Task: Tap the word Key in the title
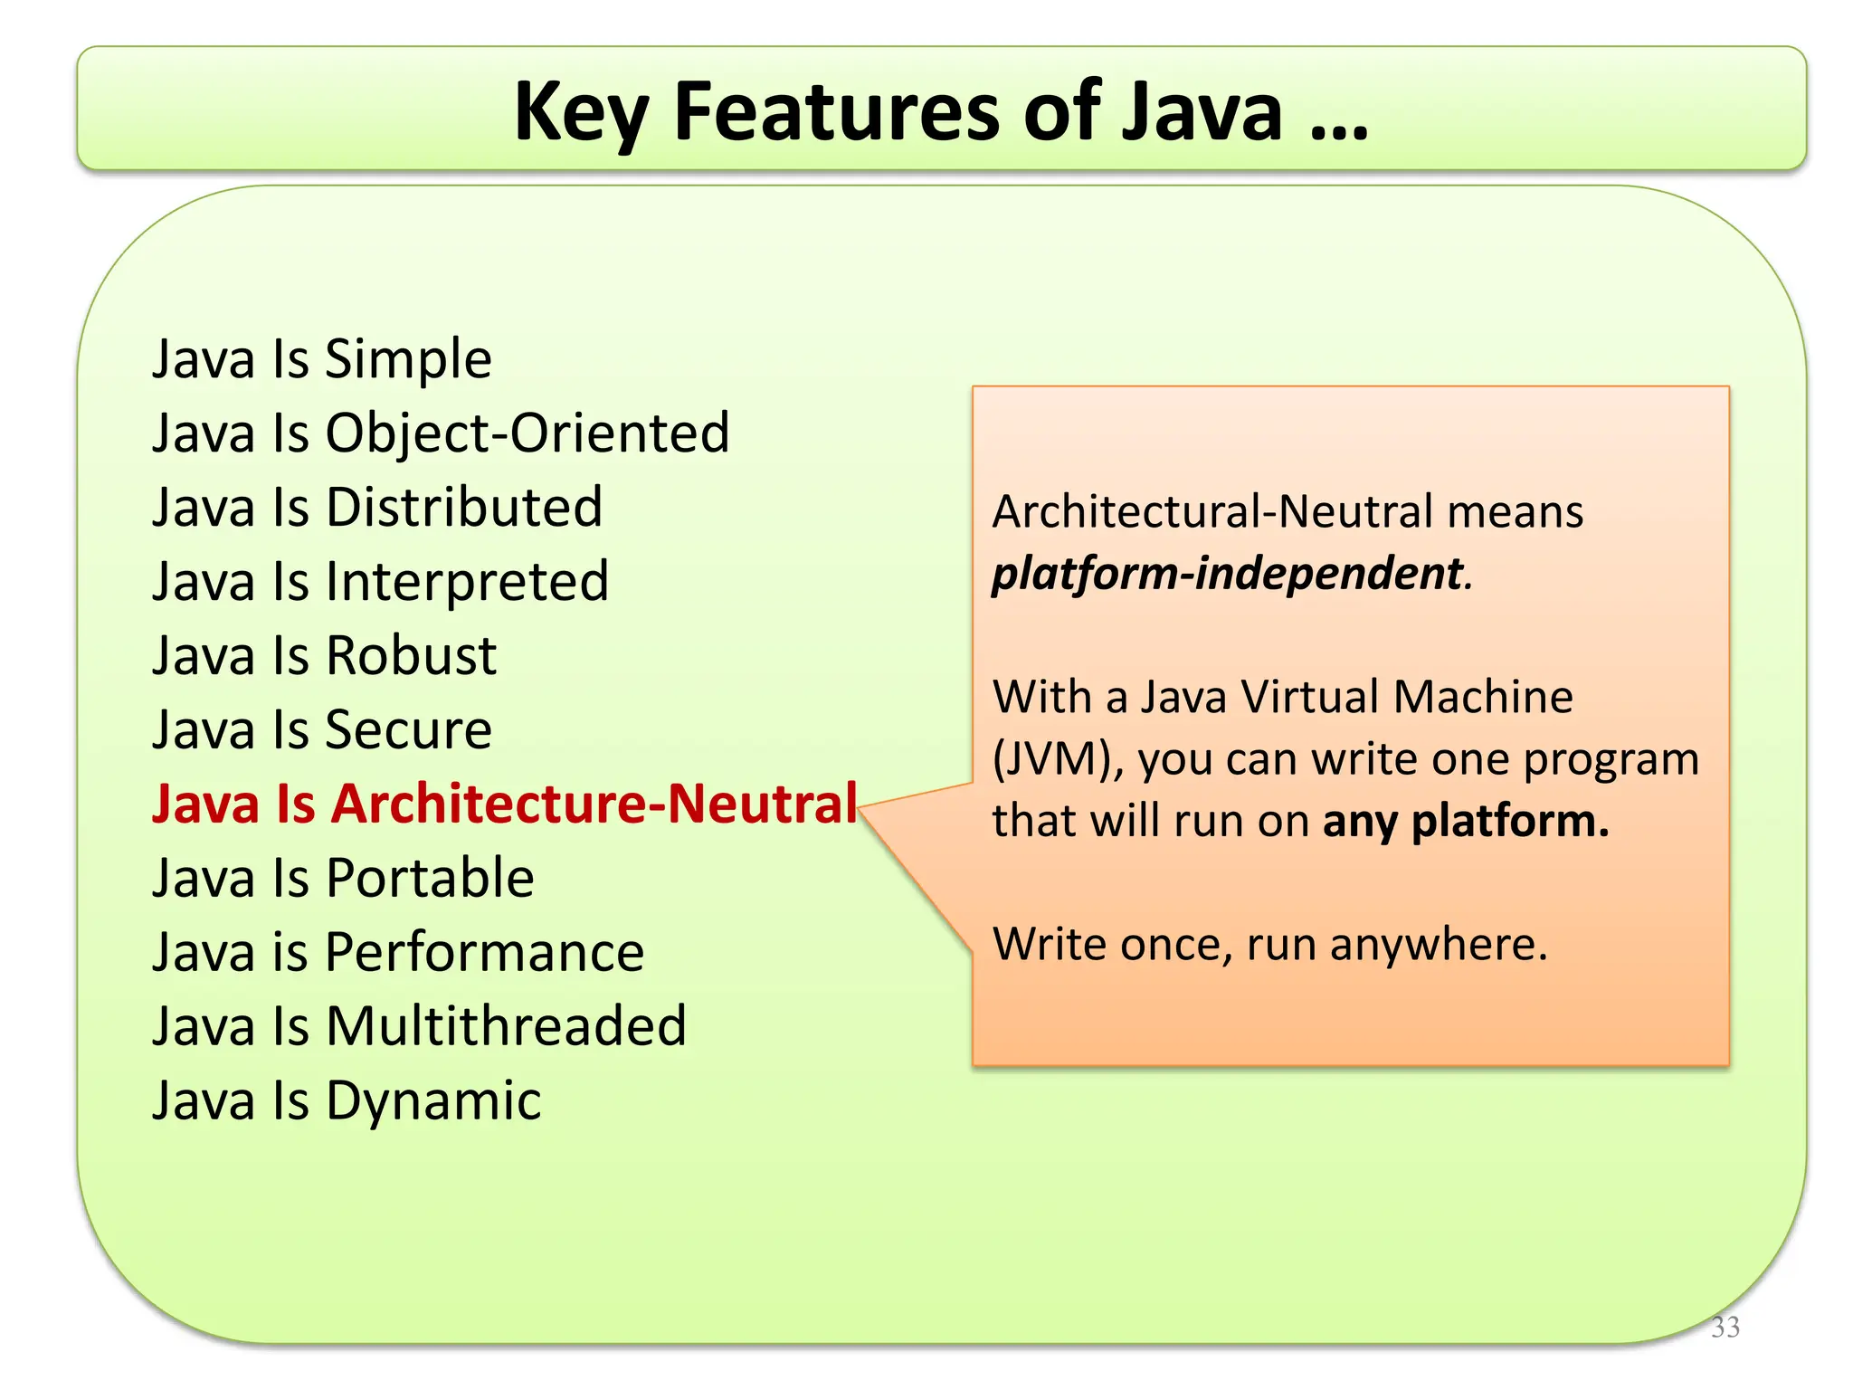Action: tap(580, 113)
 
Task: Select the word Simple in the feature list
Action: tap(408, 359)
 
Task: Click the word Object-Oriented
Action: tap(527, 433)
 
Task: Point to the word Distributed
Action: tap(464, 507)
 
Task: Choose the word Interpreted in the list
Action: tap(467, 581)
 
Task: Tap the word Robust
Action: tap(411, 655)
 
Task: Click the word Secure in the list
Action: tap(408, 729)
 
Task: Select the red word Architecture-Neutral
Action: tap(594, 804)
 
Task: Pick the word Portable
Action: tap(430, 878)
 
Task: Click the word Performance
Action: tap(484, 952)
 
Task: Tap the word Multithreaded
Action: tap(506, 1026)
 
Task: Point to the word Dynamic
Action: tap(433, 1101)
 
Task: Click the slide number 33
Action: tap(1725, 1327)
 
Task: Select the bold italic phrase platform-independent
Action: tap(1228, 574)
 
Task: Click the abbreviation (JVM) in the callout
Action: tap(1058, 759)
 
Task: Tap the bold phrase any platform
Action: tap(1466, 822)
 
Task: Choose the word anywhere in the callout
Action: tap(1439, 945)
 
